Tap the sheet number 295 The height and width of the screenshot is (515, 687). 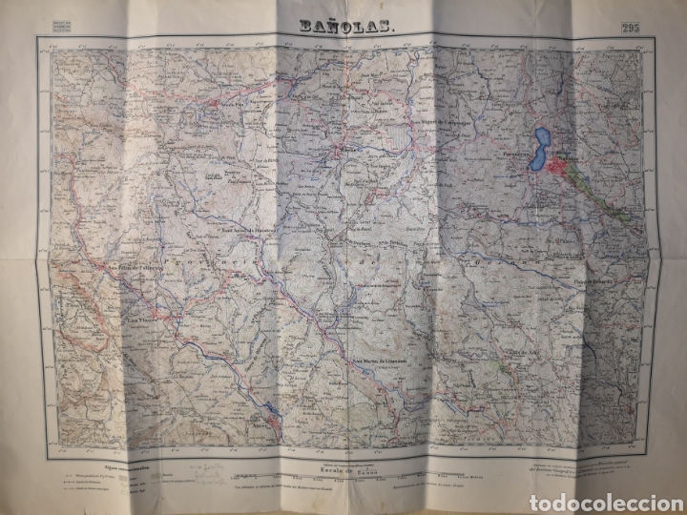(x=631, y=27)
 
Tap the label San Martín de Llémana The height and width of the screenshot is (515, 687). (x=381, y=360)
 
